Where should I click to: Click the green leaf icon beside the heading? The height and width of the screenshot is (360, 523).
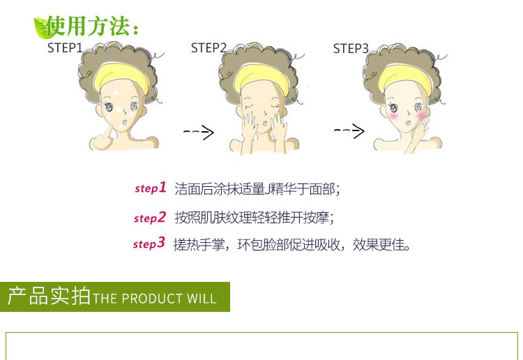[43, 28]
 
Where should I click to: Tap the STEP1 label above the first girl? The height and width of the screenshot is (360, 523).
[65, 48]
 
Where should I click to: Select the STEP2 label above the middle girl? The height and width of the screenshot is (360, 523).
[209, 48]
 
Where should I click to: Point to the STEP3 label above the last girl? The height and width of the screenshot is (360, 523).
[351, 49]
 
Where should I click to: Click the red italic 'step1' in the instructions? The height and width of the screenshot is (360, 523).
[151, 188]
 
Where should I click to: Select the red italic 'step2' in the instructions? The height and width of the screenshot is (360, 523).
[150, 218]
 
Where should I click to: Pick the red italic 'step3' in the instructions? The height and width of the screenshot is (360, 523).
[149, 244]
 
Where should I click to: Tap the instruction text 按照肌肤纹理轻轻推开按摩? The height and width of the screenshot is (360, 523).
[254, 218]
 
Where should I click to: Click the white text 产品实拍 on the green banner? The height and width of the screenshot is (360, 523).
[49, 297]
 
